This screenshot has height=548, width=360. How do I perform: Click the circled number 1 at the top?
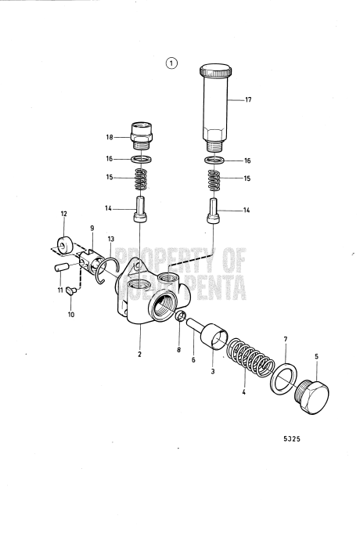[172, 63]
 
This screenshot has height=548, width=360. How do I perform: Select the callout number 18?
[110, 137]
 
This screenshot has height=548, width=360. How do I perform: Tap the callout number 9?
[92, 228]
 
